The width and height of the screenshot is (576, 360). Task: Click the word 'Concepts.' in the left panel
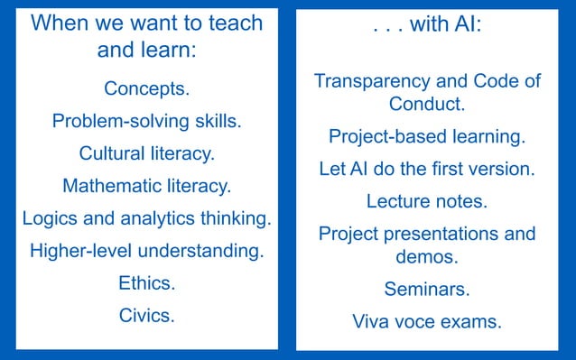[146, 88]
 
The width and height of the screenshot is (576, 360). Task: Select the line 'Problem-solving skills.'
[146, 121]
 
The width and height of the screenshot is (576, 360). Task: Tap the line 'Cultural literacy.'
[146, 152]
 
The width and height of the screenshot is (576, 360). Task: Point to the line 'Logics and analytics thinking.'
[146, 218]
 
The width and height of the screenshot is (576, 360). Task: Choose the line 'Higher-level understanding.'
[146, 251]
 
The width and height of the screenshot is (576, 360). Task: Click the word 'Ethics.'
[146, 283]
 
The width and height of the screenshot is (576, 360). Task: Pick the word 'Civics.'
[146, 316]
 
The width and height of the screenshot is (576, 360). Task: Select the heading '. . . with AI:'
[426, 25]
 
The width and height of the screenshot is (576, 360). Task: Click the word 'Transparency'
[370, 81]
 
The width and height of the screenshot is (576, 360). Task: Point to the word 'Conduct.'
[427, 104]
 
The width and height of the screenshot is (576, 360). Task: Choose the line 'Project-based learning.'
[427, 137]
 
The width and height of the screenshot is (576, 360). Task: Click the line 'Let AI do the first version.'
[427, 169]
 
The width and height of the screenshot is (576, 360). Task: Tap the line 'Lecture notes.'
[427, 201]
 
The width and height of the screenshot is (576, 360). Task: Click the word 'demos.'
[427, 257]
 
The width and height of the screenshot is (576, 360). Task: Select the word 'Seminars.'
[427, 290]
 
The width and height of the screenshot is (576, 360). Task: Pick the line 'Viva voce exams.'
[427, 322]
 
